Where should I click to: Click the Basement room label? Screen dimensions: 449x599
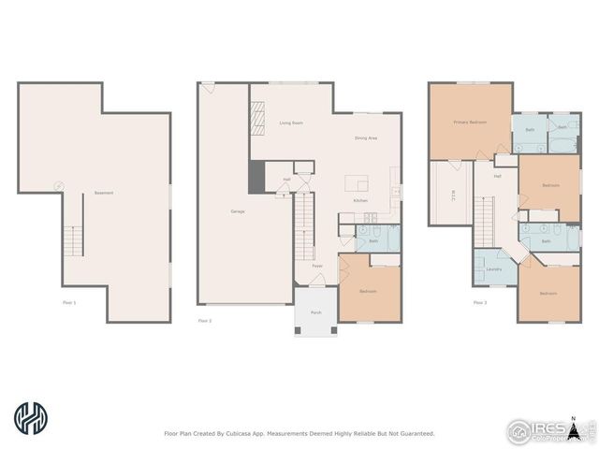click(x=103, y=194)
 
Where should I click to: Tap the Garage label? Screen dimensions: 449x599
click(x=238, y=211)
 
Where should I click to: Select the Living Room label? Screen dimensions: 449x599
click(x=290, y=123)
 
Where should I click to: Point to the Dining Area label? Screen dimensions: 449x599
click(x=365, y=138)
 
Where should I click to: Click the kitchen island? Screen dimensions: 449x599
click(x=356, y=182)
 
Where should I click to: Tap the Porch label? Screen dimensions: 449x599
click(x=315, y=313)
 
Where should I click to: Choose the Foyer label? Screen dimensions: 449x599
click(x=317, y=266)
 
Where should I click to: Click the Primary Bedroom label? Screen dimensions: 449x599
click(x=470, y=123)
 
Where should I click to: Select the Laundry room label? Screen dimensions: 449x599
click(x=493, y=269)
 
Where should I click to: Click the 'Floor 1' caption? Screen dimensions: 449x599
click(x=69, y=302)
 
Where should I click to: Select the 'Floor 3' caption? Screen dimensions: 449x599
click(x=479, y=302)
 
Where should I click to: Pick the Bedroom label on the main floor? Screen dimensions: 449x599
click(x=368, y=291)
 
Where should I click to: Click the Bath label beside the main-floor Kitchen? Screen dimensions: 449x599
click(x=373, y=240)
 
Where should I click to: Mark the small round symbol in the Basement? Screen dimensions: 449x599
click(x=58, y=185)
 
